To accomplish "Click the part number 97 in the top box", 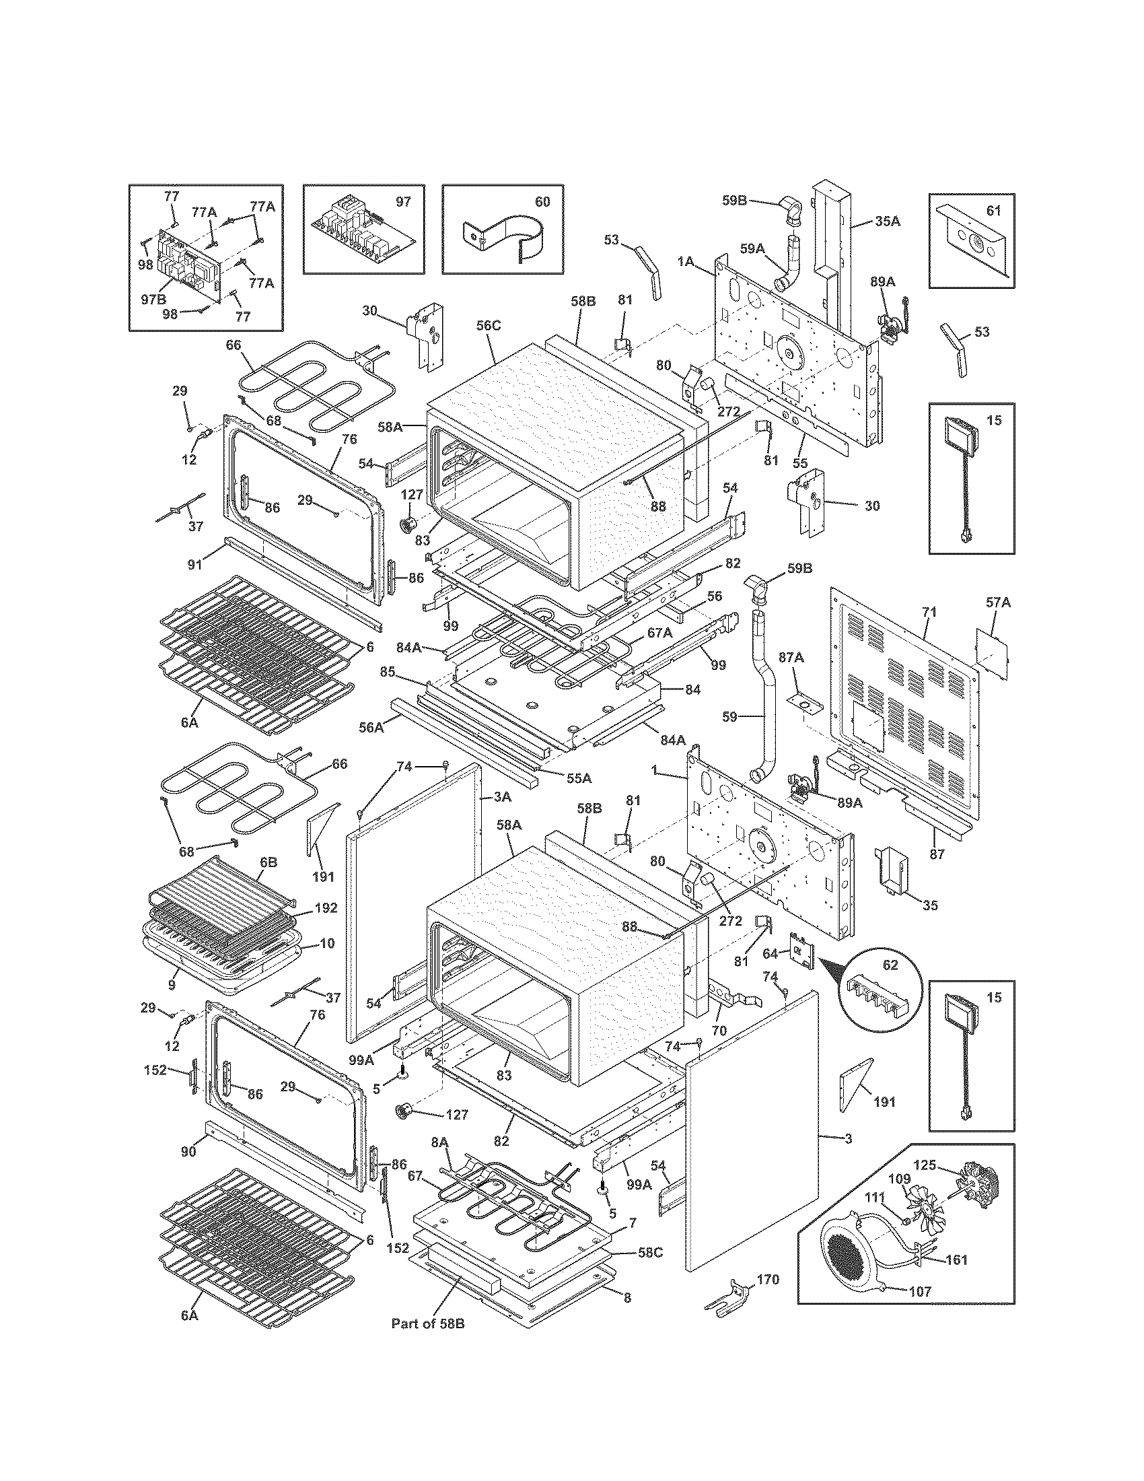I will [402, 202].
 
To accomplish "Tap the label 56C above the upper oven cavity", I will [488, 325].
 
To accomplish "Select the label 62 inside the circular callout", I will [890, 965].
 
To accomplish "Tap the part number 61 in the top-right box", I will [993, 211].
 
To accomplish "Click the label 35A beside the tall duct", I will [887, 221].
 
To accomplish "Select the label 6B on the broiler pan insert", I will [268, 863].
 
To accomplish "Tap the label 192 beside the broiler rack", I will [325, 908].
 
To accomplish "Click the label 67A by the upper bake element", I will [659, 632].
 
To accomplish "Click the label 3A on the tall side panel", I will [501, 798].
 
